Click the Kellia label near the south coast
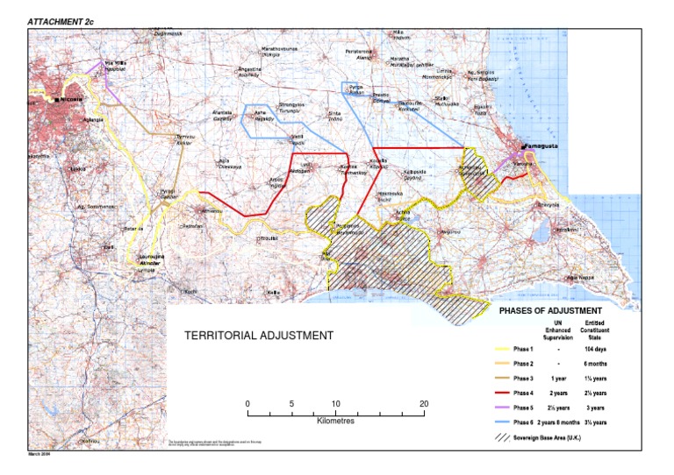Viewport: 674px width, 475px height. tap(273, 292)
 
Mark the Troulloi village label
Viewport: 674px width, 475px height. tap(267, 237)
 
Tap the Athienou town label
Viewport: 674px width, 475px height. tap(213, 210)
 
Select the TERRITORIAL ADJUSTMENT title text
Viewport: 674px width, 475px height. tap(258, 335)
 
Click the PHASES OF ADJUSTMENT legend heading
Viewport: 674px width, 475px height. tap(549, 310)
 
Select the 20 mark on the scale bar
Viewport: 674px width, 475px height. tap(424, 404)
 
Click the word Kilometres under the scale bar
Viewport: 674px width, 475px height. tap(334, 422)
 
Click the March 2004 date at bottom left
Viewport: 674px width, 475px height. tap(41, 454)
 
